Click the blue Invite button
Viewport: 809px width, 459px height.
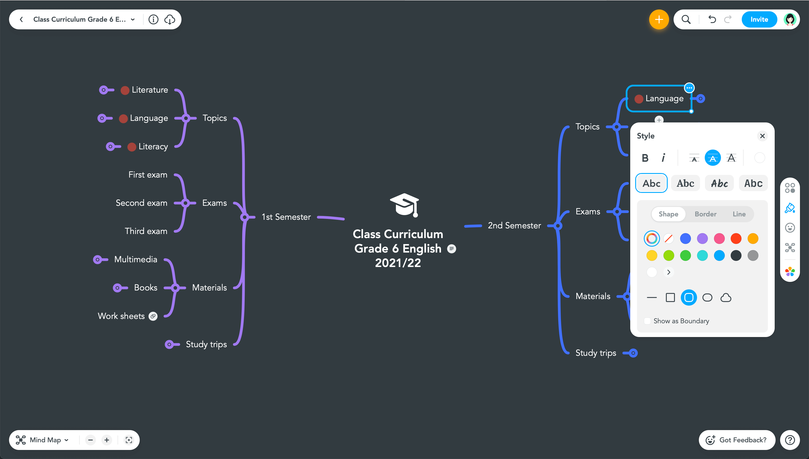coord(759,20)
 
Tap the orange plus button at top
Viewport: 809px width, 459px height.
coord(659,20)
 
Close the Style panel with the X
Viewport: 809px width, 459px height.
coord(762,136)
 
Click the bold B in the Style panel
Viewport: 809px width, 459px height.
coord(645,158)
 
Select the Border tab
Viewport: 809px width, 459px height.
coord(705,214)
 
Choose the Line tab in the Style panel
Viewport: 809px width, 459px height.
coord(739,214)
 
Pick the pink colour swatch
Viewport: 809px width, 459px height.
coord(719,239)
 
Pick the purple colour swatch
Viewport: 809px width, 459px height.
coord(702,239)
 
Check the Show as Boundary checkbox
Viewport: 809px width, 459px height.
coord(647,321)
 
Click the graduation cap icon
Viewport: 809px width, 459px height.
coord(404,205)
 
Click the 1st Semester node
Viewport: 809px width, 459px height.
coord(286,217)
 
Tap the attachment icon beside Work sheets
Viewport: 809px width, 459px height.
coord(153,316)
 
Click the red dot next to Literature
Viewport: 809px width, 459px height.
coord(125,91)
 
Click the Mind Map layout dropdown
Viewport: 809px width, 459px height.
coord(42,440)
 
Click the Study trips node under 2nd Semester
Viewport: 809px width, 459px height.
coord(595,353)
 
